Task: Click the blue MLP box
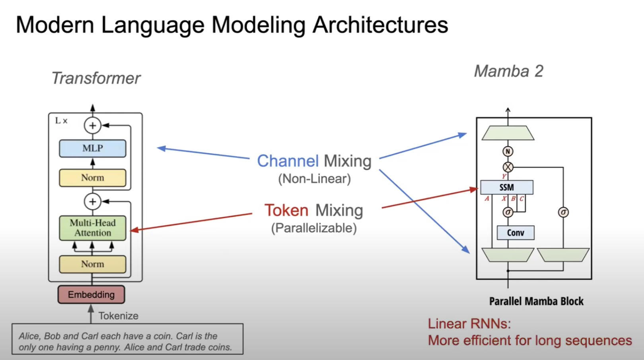[93, 148]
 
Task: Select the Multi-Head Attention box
[93, 228]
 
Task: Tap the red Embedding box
[91, 295]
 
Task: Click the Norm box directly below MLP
[93, 178]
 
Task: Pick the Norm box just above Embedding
[93, 264]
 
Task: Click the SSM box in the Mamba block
[506, 187]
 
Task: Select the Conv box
[516, 233]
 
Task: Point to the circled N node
[508, 152]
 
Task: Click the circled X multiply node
[508, 167]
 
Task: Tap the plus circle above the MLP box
[92, 126]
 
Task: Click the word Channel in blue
[288, 161]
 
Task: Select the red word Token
[286, 210]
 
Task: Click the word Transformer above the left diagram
[96, 78]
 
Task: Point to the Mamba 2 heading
[508, 72]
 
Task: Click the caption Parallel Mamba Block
[536, 302]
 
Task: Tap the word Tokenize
[119, 316]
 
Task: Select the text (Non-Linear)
[314, 179]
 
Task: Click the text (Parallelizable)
[314, 228]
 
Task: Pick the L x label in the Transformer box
[61, 121]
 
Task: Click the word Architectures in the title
[380, 25]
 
